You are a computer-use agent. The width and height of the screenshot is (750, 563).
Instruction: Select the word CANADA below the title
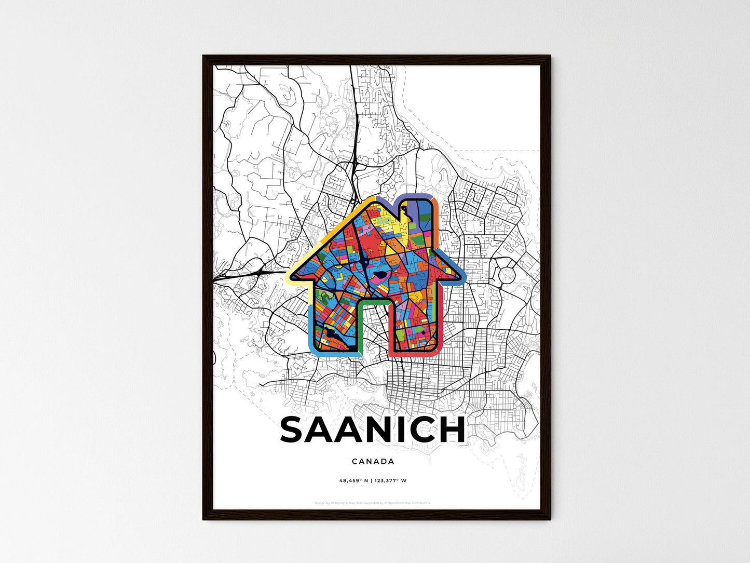[373, 461]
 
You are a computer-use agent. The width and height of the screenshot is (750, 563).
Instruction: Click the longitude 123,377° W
[390, 480]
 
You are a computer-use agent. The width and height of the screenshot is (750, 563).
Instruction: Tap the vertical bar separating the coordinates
[372, 480]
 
